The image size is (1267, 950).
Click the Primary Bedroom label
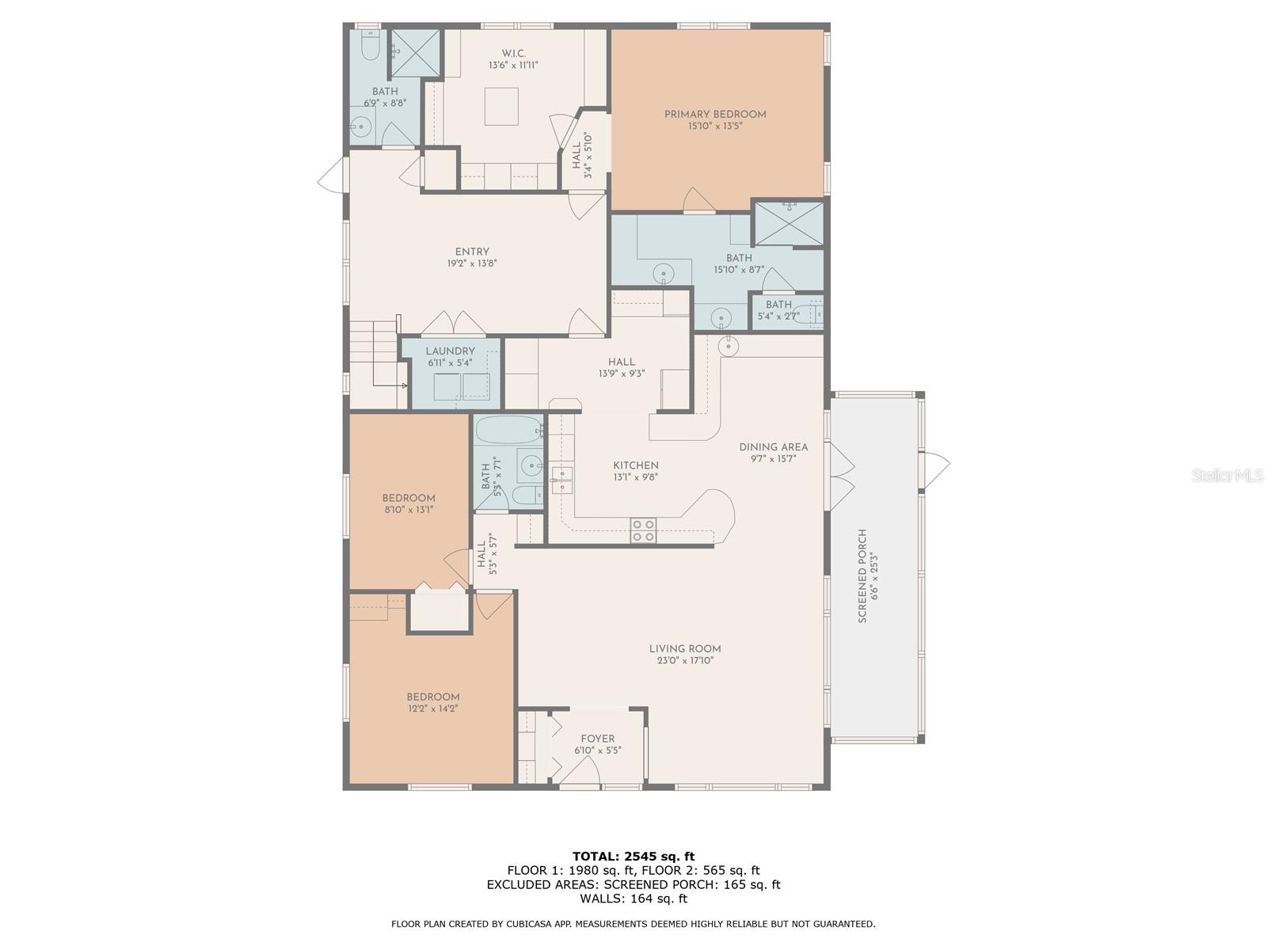point(715,115)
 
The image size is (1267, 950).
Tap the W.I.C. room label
point(513,53)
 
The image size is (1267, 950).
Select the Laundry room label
point(450,351)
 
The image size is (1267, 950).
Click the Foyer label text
point(597,739)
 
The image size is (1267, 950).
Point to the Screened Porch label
point(862,576)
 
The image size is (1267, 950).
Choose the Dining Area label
point(773,446)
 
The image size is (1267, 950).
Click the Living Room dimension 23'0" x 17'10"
point(685,660)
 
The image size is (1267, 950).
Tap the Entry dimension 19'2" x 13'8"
point(472,264)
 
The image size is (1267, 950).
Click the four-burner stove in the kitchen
point(643,530)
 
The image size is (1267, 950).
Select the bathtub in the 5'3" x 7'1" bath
point(508,431)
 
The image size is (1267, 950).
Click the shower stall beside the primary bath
point(788,223)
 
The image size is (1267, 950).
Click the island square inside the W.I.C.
point(501,106)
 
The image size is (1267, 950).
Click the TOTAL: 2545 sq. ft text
point(633,856)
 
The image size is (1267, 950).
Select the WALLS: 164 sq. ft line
point(633,899)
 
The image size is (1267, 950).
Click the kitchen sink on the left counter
point(561,475)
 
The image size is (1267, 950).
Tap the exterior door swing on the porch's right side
point(936,467)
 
